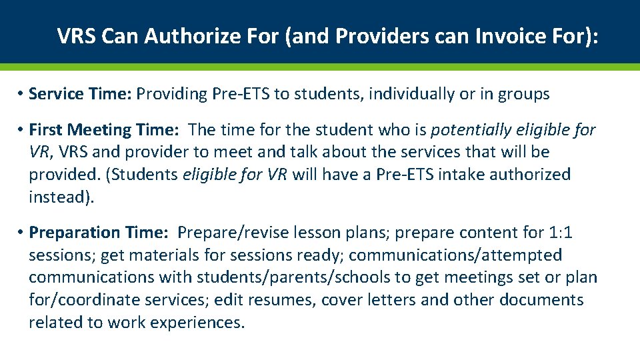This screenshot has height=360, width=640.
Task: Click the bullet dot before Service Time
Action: pyautogui.click(x=21, y=94)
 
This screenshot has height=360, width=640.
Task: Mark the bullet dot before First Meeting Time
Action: pyautogui.click(x=21, y=129)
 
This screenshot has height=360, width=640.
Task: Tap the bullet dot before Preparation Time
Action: pyautogui.click(x=21, y=233)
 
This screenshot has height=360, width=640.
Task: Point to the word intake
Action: pyautogui.click(x=465, y=175)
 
